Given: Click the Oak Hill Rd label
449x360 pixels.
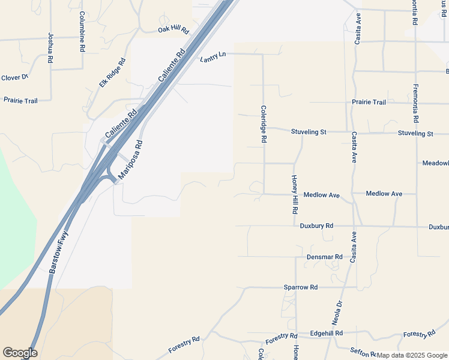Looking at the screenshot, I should tap(173, 29).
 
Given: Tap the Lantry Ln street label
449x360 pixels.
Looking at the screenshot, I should tap(213, 56).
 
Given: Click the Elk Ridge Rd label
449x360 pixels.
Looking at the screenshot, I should tap(112, 73).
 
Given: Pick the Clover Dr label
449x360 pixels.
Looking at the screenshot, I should tap(15, 77).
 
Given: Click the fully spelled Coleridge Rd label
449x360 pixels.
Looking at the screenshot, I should tap(264, 124).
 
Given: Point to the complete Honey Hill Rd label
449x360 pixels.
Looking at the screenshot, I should tap(295, 195).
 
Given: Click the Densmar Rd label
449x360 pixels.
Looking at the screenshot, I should tap(324, 257).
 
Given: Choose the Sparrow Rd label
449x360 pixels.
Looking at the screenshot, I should tap(301, 287).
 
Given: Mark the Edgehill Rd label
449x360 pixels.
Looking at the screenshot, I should tap(327, 333).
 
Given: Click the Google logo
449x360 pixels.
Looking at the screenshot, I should tap(20, 353).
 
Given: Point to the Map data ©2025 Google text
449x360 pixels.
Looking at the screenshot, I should tap(412, 355).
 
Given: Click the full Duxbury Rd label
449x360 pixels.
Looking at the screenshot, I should tap(316, 226).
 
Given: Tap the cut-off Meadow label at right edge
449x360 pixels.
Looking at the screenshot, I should tap(435, 163).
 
